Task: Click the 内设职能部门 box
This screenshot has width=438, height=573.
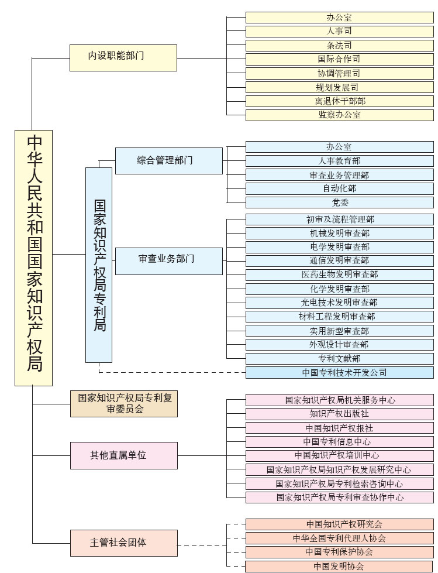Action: coord(123,58)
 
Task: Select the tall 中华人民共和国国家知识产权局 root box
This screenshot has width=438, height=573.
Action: coord(33,258)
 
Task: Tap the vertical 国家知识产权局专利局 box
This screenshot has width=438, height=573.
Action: coord(99,265)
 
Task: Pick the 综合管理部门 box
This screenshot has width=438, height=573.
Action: coord(169,160)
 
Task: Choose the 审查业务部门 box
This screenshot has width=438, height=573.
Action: coord(169,260)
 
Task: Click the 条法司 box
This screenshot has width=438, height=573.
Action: coord(339,45)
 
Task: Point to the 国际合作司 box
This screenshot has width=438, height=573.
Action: coord(339,59)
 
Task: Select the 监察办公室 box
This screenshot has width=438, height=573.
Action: coord(339,115)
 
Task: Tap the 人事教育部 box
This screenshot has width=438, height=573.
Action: coord(339,160)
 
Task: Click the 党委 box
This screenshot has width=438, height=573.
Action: coord(339,203)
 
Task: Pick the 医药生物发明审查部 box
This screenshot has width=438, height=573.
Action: coord(339,275)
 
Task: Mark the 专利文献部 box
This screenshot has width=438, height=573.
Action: coord(339,358)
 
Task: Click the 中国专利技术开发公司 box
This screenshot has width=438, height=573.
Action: coord(339,372)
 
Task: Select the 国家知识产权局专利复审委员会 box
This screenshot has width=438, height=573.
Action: coord(123,404)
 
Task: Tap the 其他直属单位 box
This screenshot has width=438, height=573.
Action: coord(123,455)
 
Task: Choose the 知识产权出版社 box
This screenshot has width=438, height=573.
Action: coord(339,414)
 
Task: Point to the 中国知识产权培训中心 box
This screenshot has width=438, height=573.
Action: coord(339,455)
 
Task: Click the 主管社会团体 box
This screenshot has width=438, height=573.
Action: coord(123,543)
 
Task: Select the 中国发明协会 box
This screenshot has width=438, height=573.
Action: coord(339,566)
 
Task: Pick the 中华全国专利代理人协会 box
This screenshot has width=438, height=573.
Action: coord(339,538)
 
